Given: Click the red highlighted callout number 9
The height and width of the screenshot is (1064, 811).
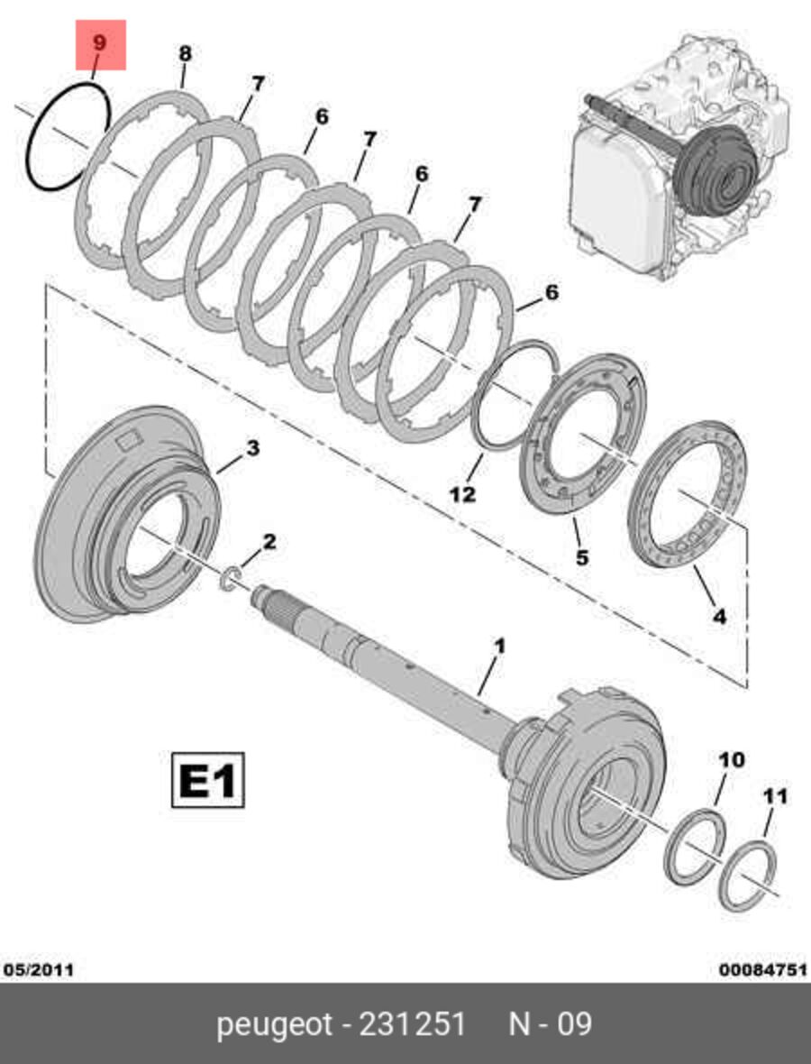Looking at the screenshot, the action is point(100,43).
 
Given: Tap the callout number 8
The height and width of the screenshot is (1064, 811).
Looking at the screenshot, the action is point(185,53).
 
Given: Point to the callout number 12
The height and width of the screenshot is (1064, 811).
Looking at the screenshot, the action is point(463,494).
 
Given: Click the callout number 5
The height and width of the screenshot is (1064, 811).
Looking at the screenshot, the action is point(582,558).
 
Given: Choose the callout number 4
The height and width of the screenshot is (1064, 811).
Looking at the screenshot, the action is point(719,616).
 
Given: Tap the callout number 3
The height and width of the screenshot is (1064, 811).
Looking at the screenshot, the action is point(252,448).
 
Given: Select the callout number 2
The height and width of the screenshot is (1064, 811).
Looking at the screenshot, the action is point(269,542).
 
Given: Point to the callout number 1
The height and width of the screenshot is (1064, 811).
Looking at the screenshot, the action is point(500,646).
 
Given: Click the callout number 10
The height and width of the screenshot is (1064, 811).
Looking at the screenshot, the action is point(731,759).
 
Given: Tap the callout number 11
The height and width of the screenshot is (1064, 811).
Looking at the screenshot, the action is point(776,795).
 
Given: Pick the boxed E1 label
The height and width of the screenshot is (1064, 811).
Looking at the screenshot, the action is point(207,780).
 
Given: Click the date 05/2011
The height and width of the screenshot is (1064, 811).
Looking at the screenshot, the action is point(39,969).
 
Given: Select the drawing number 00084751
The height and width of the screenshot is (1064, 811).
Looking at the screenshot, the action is point(763,969).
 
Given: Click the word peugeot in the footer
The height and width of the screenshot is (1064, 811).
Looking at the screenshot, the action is point(275,1024).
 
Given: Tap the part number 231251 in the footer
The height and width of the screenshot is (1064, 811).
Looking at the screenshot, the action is point(413,1023).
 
